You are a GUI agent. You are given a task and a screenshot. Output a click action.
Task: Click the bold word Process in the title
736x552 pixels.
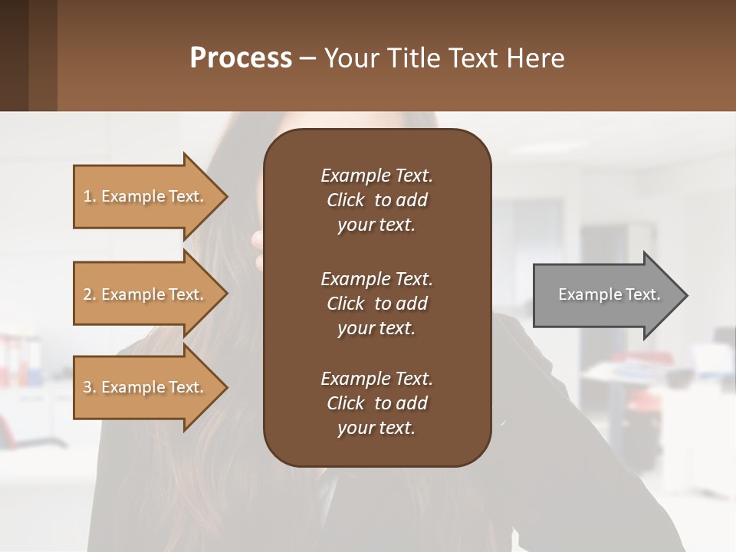(241, 58)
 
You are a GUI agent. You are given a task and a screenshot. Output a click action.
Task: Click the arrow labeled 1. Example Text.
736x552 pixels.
(146, 196)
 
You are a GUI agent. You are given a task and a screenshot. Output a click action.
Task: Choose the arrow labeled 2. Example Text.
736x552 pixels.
(146, 294)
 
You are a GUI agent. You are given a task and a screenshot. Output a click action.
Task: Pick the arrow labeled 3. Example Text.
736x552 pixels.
(146, 387)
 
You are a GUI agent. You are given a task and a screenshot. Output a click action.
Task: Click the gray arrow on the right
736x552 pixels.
(606, 295)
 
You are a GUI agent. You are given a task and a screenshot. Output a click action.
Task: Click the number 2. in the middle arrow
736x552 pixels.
(90, 294)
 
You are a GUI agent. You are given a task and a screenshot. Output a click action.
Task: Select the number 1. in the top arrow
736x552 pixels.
(90, 196)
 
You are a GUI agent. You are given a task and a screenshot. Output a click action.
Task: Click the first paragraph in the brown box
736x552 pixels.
(376, 200)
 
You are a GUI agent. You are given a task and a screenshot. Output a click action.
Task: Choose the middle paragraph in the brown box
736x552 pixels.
(376, 303)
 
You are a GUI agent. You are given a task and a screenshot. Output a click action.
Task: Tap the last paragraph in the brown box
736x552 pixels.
(376, 403)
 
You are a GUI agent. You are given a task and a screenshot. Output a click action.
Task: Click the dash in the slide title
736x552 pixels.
(307, 59)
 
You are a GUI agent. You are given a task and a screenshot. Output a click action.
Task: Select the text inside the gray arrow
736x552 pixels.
(609, 294)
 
